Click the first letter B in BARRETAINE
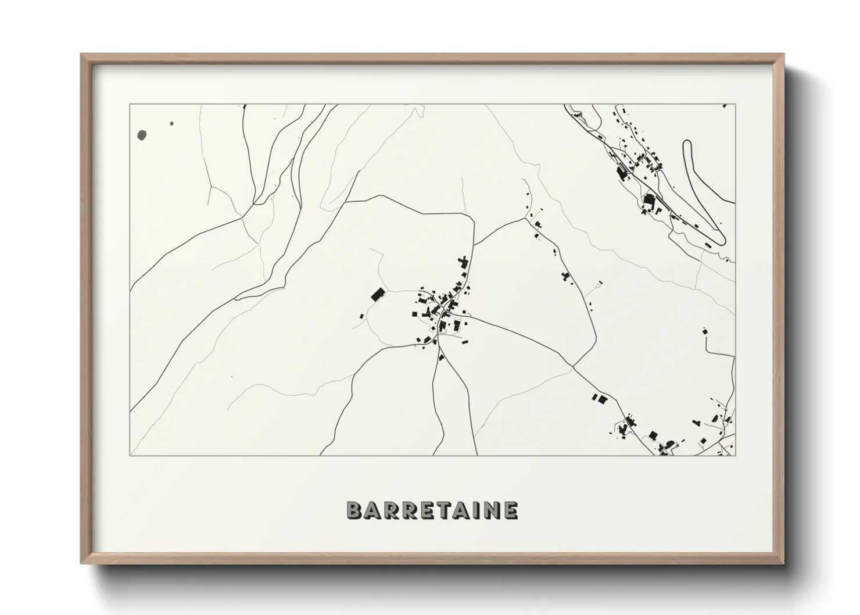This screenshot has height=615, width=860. (354, 510)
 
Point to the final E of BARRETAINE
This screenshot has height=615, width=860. (511, 510)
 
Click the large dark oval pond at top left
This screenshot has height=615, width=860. (142, 135)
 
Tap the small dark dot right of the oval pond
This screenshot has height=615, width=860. (171, 123)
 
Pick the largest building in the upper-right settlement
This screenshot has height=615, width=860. (649, 202)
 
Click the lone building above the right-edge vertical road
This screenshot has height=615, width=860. (705, 331)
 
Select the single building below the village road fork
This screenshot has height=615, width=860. (441, 357)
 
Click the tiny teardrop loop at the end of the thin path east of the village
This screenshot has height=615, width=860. (600, 283)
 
